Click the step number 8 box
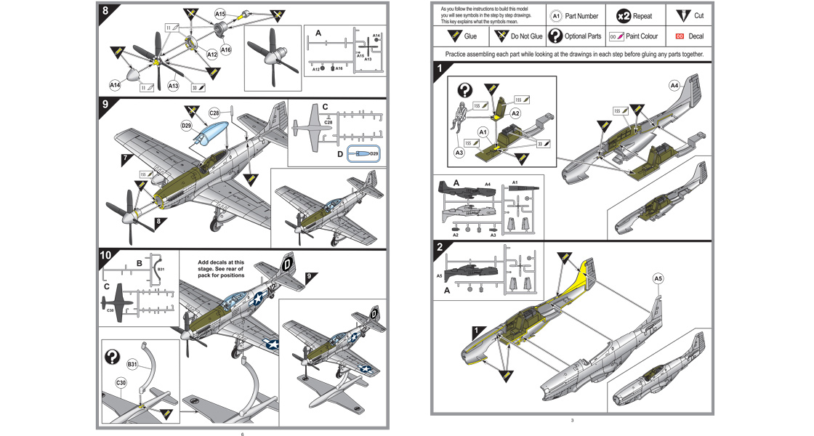point(107,11)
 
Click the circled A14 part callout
point(115,85)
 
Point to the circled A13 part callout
point(174,86)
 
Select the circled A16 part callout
point(226,49)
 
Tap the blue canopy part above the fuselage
point(212,135)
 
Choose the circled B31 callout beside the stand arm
point(133,364)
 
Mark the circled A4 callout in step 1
point(674,86)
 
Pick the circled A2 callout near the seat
point(515,113)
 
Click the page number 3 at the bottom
point(572,421)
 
